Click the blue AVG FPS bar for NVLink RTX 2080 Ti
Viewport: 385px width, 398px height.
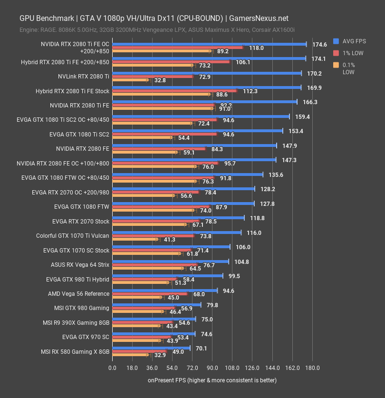[x=206, y=73]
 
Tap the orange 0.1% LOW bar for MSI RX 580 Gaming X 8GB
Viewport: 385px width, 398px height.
[x=130, y=355]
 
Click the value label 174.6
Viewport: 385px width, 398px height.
[x=319, y=44]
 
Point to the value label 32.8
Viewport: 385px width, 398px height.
[x=160, y=80]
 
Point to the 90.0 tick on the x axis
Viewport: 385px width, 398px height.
[x=212, y=368]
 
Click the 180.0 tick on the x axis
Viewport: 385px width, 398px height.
[x=312, y=368]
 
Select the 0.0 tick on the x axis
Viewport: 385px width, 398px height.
[x=112, y=368]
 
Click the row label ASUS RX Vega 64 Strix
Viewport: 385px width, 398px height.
[x=80, y=265]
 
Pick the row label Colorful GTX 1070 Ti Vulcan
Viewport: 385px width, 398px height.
[x=73, y=235]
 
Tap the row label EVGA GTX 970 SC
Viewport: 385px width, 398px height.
[x=86, y=337]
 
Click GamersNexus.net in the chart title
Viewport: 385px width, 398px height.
[x=258, y=19]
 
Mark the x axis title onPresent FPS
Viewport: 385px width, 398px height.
[x=212, y=380]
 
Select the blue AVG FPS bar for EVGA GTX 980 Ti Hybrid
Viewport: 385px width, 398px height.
[x=167, y=276]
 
